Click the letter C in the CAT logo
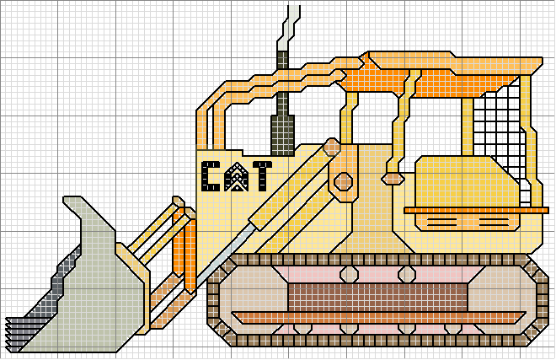click(211, 176)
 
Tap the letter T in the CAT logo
click(262, 176)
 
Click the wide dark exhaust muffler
click(282, 135)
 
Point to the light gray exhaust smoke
click(289, 28)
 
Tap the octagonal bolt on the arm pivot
click(344, 182)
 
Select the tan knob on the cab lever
click(393, 179)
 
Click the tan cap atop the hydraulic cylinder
click(332, 147)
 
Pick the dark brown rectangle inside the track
click(377, 298)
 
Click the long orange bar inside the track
click(379, 318)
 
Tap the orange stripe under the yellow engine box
click(476, 211)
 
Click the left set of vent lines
click(442, 223)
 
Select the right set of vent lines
click(494, 223)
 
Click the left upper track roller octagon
click(350, 274)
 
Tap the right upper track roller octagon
click(407, 274)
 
